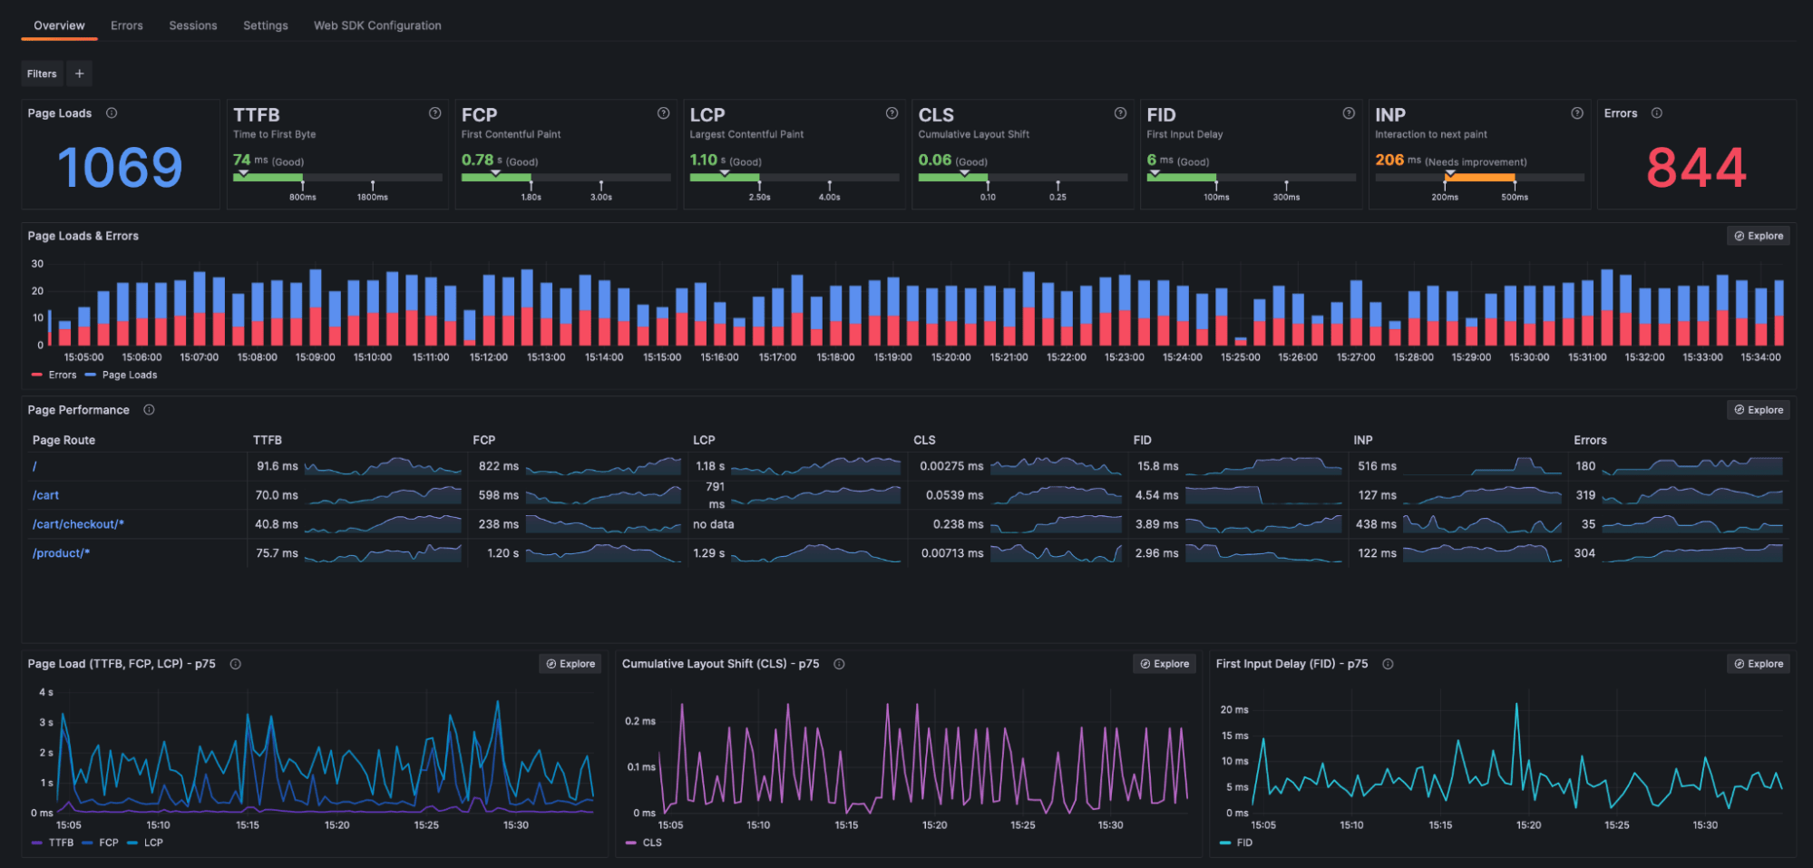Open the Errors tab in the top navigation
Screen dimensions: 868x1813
(x=127, y=25)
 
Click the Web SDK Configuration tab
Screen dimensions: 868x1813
(x=377, y=25)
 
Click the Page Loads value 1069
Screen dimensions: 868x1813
(x=120, y=168)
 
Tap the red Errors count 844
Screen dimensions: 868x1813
(x=1695, y=168)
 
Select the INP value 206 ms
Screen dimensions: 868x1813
(x=1389, y=161)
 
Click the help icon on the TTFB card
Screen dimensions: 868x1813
(x=434, y=113)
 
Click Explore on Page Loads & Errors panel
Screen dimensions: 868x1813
(x=1758, y=236)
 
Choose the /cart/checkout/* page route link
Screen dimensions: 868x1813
(x=78, y=524)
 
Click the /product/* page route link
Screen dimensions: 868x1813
(x=62, y=553)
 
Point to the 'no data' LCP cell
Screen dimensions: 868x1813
(x=714, y=524)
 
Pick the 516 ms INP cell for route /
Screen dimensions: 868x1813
(x=1377, y=466)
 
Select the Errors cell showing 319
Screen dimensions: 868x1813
(x=1585, y=495)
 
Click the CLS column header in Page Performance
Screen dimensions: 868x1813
(x=924, y=440)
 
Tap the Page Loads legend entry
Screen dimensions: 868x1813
(x=129, y=375)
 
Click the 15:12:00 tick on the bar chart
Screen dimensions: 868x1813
(x=489, y=357)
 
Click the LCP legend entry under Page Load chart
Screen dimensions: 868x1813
(x=152, y=843)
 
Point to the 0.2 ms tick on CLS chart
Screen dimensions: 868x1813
(x=639, y=721)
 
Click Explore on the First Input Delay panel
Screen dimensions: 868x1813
(x=1758, y=664)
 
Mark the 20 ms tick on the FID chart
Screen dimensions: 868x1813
(x=1233, y=710)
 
